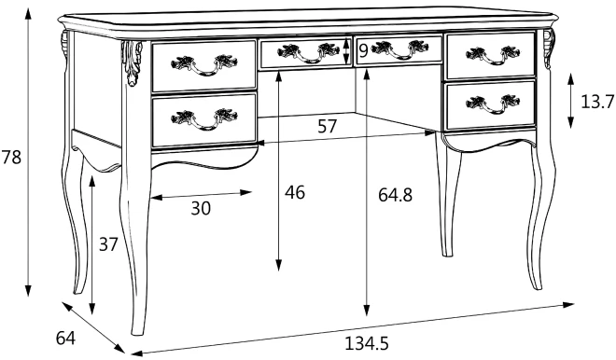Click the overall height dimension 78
coord(11,158)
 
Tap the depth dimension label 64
coord(65,338)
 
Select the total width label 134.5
coord(367,343)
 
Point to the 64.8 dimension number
coord(395,194)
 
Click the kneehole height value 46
coord(295,192)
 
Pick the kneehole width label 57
coord(328,127)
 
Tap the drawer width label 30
coord(201,208)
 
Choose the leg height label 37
coord(108,244)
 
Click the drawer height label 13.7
coord(597,102)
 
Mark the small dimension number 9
coord(363,50)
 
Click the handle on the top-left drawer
coord(204,64)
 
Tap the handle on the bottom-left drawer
coord(204,119)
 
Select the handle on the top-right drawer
coord(493,55)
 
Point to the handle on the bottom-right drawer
coord(493,104)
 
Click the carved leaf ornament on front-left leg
coord(132,62)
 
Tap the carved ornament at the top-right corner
coord(549,48)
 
